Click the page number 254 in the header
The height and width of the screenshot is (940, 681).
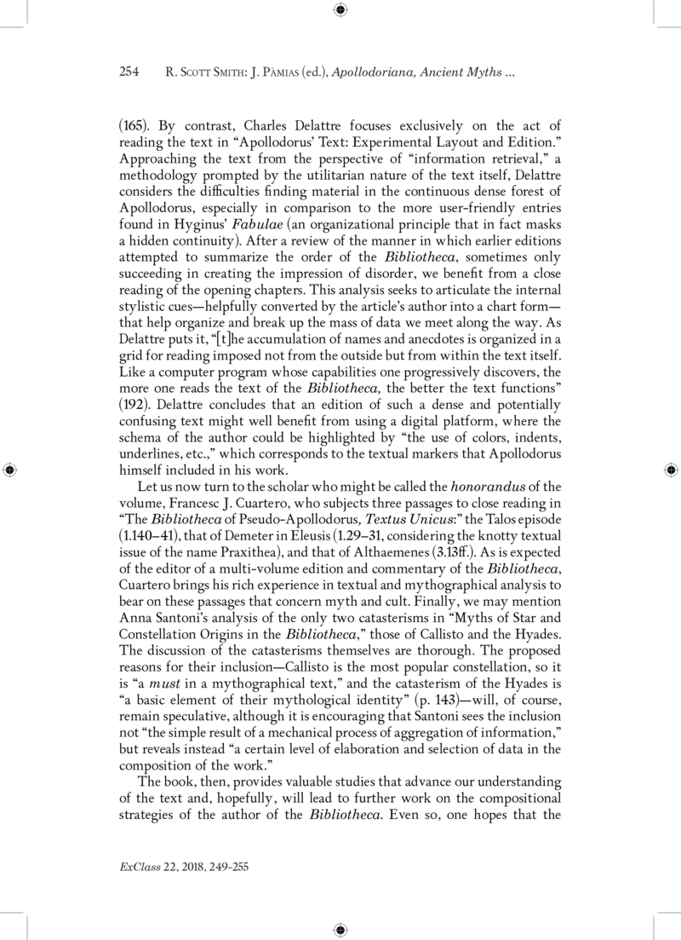[129, 73]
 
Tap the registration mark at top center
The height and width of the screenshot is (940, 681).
[340, 9]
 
